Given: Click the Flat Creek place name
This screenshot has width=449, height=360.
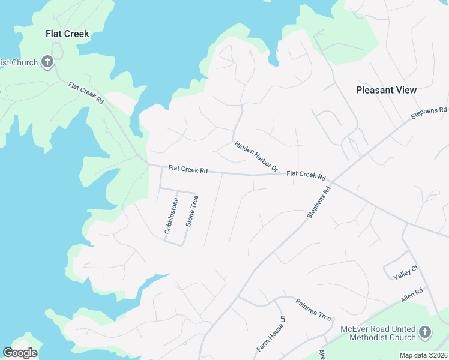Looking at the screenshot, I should (x=67, y=34).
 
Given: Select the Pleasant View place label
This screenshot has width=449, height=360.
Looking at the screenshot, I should (x=386, y=90).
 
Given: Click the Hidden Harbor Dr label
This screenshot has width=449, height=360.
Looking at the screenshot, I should (x=256, y=157).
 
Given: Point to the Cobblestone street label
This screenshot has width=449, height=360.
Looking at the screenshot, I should (x=172, y=215).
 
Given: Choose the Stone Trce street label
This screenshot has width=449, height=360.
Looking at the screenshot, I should (x=191, y=211).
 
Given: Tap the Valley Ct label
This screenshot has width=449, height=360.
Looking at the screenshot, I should (x=405, y=272).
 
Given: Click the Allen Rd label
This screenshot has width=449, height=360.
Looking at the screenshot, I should (x=412, y=295).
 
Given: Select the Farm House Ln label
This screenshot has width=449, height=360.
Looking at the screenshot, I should (x=268, y=335).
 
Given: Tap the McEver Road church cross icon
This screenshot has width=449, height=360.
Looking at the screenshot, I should (x=424, y=332).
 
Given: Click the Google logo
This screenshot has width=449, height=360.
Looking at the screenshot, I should (x=20, y=353).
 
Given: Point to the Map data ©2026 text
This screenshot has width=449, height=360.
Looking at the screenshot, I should (x=424, y=355).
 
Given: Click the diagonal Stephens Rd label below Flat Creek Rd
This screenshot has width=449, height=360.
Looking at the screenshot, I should (x=318, y=203).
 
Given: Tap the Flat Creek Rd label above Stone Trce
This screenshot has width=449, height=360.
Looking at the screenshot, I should (x=187, y=170).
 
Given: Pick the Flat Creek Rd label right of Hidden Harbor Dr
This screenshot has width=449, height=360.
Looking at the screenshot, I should (x=306, y=175).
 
